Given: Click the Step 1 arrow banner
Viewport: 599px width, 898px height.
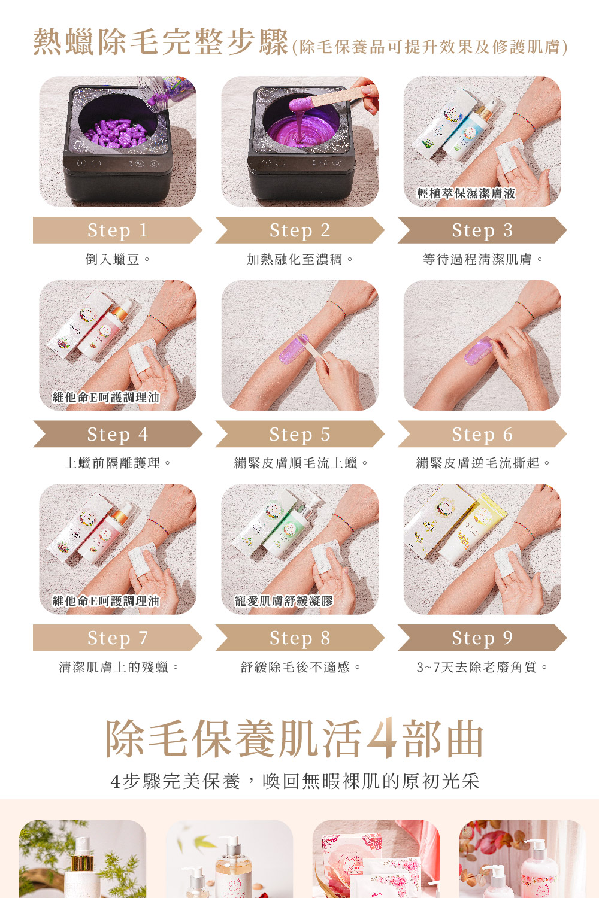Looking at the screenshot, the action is tap(117, 230).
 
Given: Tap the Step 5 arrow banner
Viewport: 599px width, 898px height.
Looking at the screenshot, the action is tap(299, 434).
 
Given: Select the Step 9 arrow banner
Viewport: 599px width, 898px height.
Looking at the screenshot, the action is tap(482, 638).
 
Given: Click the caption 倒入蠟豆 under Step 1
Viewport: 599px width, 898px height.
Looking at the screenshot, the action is tap(117, 259).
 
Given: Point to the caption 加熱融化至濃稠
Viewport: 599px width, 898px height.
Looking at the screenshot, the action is tap(300, 259).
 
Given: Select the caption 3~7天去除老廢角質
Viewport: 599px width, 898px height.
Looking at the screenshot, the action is tap(482, 667).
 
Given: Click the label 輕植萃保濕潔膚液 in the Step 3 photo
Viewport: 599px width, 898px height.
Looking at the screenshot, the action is tap(466, 193).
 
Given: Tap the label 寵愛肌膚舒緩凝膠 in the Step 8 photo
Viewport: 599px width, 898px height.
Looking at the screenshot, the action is tap(284, 600).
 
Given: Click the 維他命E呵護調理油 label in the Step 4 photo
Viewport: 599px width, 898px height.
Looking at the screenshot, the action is tap(106, 397).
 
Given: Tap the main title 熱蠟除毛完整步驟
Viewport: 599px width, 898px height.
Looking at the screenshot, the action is tap(161, 42).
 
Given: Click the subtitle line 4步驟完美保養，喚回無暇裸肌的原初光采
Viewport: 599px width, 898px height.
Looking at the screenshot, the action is tap(295, 781).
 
